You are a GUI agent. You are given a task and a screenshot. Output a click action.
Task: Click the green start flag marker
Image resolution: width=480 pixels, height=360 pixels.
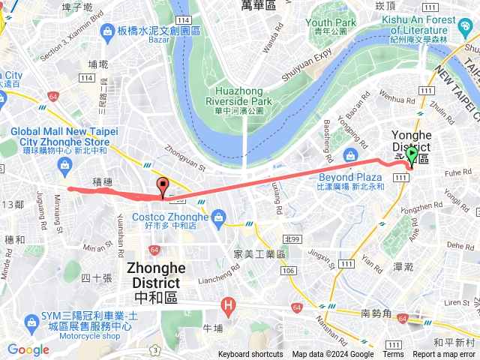(x=412, y=155)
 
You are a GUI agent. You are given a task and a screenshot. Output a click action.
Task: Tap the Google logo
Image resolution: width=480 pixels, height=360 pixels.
(x=28, y=349)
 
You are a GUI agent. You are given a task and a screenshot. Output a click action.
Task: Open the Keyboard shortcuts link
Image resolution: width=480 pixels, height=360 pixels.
(x=250, y=355)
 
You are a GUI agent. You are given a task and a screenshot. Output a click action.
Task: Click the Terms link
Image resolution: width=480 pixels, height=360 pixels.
(x=393, y=355)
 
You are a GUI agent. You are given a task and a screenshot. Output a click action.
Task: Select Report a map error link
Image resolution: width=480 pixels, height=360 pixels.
(x=443, y=355)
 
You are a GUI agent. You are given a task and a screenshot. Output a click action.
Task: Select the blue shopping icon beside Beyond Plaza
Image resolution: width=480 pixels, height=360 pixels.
(x=349, y=156)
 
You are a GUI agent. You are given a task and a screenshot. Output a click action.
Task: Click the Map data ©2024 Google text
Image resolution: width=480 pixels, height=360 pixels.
(x=333, y=355)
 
